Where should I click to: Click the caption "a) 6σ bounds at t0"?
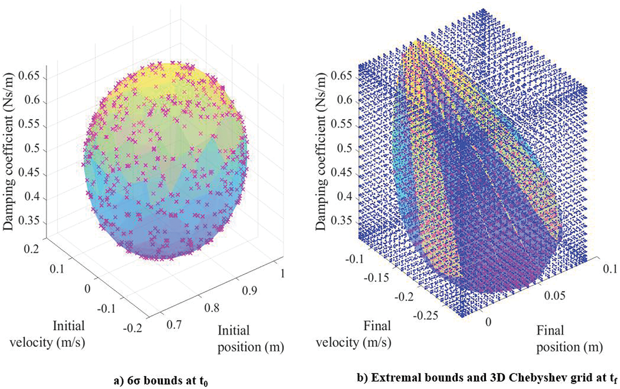pos(161,380)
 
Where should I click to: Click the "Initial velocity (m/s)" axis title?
pos(48,334)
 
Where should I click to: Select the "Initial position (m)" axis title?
pos(250,339)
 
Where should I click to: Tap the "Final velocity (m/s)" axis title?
pos(353,334)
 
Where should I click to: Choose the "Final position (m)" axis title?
pos(569,339)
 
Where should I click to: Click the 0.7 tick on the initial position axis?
pos(174,325)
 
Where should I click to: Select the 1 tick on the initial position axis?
pos(282,274)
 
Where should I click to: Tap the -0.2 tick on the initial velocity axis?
pos(132,328)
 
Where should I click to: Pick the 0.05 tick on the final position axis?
pos(554,296)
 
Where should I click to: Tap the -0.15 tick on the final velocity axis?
pos(377,278)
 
